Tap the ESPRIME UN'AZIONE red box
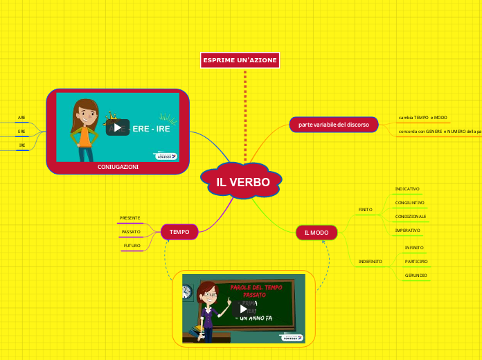[x=240, y=61]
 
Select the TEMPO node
[x=179, y=232]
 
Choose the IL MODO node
[x=316, y=233]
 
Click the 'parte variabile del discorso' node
[x=333, y=125]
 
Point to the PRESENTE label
[x=130, y=218]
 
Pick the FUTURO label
[x=132, y=246]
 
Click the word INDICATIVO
[x=407, y=189]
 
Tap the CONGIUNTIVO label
[x=409, y=203]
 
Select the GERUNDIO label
[x=416, y=276]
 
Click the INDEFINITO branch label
[x=370, y=262]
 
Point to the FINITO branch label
[x=365, y=209]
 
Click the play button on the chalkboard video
[x=243, y=309]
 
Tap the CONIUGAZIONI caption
[x=118, y=167]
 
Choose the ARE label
[x=21, y=118]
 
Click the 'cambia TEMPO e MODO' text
[x=422, y=118]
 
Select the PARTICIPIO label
[x=416, y=262]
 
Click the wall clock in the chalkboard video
[x=186, y=288]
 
